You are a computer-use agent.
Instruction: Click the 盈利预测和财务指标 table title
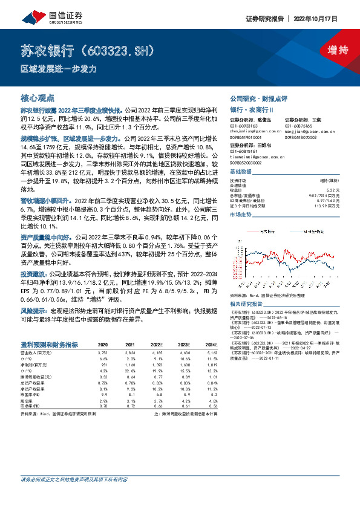(49, 344)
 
